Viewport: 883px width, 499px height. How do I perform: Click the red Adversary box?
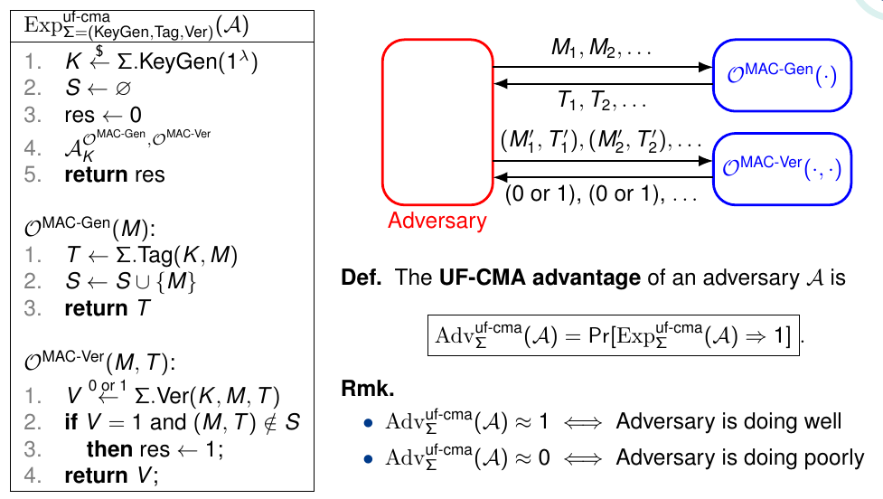click(437, 122)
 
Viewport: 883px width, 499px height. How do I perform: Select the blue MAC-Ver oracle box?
click(783, 168)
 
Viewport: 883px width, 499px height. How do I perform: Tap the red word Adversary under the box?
click(437, 220)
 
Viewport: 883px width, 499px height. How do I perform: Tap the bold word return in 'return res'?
click(92, 174)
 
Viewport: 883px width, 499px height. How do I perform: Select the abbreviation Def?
click(362, 278)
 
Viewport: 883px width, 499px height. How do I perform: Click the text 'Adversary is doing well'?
click(728, 421)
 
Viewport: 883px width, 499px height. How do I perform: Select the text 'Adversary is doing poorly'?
click(740, 458)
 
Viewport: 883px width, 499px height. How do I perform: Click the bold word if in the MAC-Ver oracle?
click(70, 421)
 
